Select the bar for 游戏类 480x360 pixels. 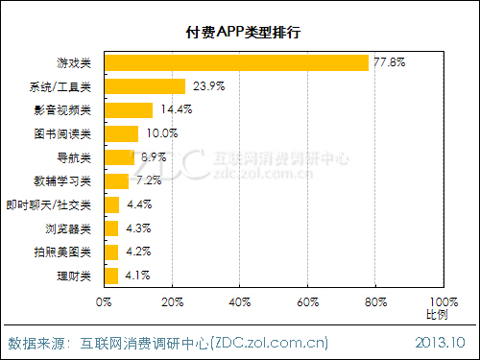click(236, 62)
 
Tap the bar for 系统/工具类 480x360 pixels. click(145, 86)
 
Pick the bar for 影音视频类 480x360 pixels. click(129, 109)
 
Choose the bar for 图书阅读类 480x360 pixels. click(121, 133)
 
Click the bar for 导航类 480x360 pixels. click(119, 157)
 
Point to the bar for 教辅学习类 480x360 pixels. click(116, 181)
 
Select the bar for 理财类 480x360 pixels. click(111, 276)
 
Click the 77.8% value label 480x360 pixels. click(390, 62)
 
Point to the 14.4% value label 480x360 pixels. click(176, 109)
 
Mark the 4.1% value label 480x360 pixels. click(136, 276)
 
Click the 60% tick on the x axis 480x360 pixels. click(308, 302)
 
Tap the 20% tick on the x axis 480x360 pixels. click(172, 302)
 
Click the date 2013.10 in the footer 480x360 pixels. click(441, 343)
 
